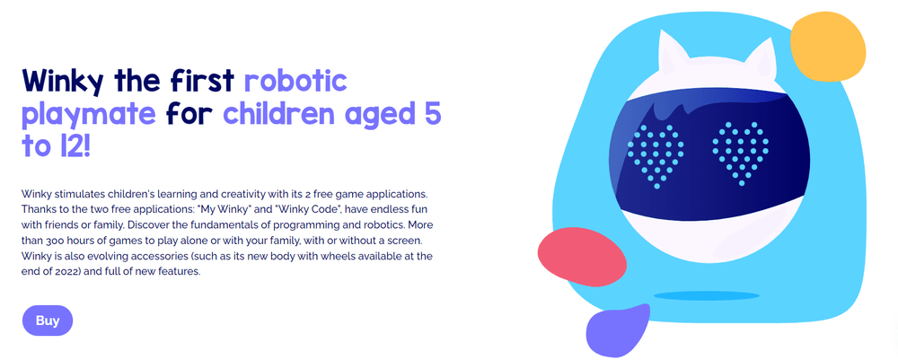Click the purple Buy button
pos(48,320)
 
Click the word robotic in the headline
pos(295,82)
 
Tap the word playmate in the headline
pos(88,116)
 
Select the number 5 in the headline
pos(432,115)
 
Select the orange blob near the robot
pos(827,47)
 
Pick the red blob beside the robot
pos(582,258)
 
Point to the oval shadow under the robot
pos(706,295)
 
